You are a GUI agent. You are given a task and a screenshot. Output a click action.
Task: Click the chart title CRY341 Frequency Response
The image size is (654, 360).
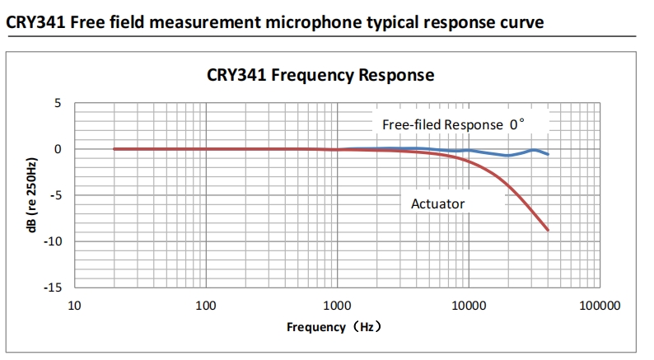click(x=320, y=76)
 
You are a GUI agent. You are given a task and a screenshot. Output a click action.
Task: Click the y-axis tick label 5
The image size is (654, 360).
click(x=58, y=104)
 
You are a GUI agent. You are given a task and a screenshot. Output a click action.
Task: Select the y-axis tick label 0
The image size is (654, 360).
click(x=58, y=149)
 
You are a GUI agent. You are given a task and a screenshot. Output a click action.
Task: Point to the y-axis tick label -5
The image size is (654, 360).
click(x=55, y=195)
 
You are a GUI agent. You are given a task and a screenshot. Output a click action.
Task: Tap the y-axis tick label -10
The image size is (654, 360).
click(x=53, y=241)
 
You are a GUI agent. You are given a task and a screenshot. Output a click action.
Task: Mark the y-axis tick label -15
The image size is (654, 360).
click(x=53, y=288)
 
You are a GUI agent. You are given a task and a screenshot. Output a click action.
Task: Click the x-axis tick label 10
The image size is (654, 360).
click(x=74, y=305)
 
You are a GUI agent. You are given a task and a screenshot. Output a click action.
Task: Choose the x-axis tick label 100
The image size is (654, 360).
click(x=205, y=305)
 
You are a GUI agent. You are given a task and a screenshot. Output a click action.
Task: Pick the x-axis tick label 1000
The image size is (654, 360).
click(x=336, y=305)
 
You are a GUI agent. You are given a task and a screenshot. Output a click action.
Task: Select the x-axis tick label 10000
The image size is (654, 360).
click(x=468, y=305)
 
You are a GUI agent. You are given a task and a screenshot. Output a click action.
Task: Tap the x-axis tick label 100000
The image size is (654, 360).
click(x=599, y=305)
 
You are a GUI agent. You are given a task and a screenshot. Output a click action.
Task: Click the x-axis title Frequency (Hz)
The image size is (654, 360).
click(x=334, y=327)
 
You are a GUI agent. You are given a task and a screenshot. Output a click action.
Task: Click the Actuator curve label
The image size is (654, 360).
click(x=438, y=203)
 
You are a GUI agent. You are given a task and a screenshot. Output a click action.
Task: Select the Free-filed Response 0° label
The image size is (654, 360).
click(x=453, y=125)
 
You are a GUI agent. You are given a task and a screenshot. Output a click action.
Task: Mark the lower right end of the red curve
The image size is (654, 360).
click(x=548, y=230)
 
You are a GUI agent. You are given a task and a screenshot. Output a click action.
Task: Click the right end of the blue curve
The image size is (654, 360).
click(x=548, y=154)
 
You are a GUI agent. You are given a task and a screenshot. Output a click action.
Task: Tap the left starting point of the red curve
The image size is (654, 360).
click(x=114, y=149)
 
